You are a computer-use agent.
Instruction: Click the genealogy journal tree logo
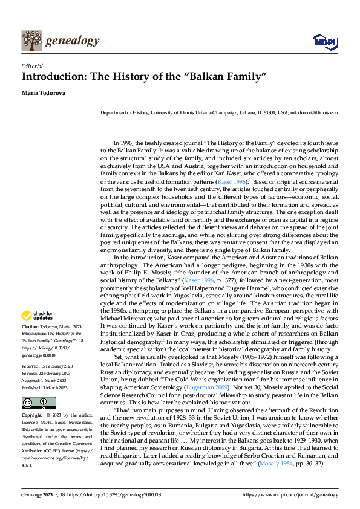coord(32,41)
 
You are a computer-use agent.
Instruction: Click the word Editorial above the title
coord(32,66)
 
